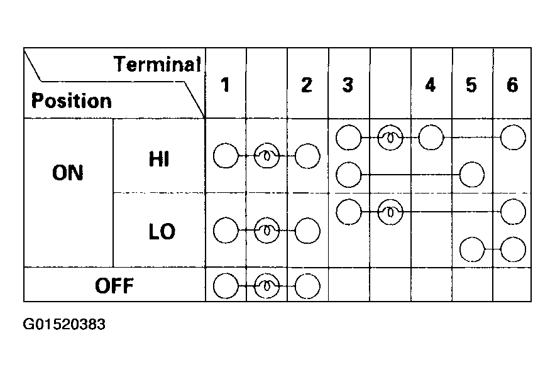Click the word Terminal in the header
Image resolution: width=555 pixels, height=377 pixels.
[x=158, y=65]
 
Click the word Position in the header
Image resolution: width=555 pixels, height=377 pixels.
[x=72, y=101]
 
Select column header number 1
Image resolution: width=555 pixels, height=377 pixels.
[x=225, y=85]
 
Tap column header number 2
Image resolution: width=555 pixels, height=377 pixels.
[x=307, y=85]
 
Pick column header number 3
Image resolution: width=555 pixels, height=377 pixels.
[x=348, y=85]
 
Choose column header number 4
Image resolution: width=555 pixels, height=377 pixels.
[x=430, y=85]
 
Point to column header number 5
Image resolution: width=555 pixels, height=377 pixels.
[x=471, y=85]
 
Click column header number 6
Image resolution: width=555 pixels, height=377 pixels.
[x=512, y=85]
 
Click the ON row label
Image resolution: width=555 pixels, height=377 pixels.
[x=68, y=173]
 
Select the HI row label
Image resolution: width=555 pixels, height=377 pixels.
[x=159, y=158]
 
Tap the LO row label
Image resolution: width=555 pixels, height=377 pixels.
[x=162, y=231]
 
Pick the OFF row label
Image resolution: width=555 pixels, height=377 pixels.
[x=114, y=286]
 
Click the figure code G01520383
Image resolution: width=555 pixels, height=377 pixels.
[x=64, y=324]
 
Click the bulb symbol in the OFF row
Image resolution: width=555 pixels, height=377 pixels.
[x=267, y=286]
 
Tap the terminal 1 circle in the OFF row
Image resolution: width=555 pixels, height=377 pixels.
[x=226, y=286]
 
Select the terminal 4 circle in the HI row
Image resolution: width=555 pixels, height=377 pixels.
[x=431, y=138]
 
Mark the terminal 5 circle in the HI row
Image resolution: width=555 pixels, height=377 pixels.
[x=472, y=175]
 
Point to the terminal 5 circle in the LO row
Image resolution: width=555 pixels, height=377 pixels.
[x=472, y=249]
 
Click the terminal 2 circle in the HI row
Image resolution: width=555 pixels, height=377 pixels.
[x=307, y=156]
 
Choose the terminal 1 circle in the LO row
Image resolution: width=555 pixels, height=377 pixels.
[x=226, y=231]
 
